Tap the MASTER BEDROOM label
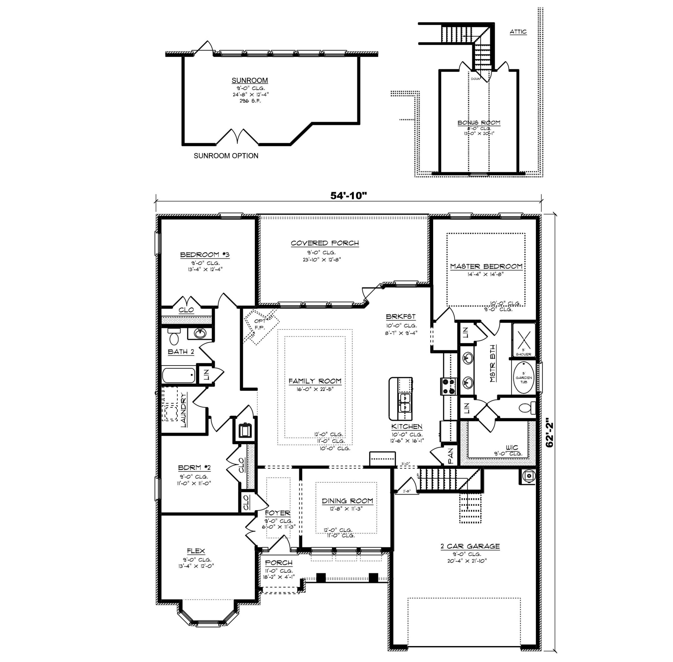(x=486, y=266)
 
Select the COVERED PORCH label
(x=325, y=243)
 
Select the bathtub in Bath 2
(x=179, y=376)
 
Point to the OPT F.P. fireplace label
(x=260, y=324)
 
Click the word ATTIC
(x=518, y=32)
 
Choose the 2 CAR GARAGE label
(x=470, y=546)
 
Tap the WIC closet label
(x=511, y=447)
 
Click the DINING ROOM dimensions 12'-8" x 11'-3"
(x=346, y=508)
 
